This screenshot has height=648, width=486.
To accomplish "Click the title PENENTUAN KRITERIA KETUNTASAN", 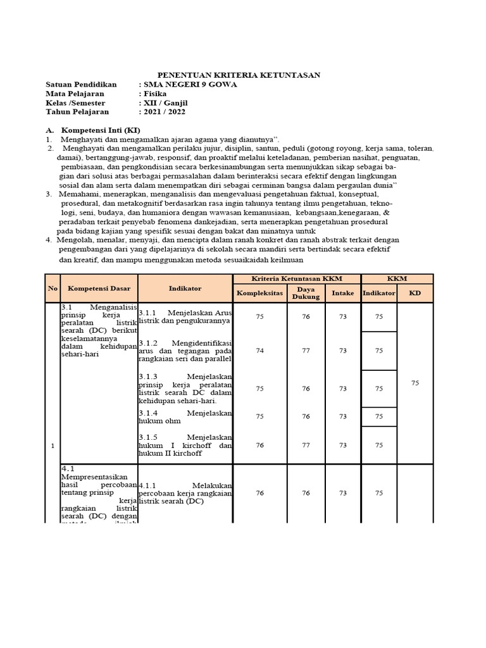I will click(239, 75).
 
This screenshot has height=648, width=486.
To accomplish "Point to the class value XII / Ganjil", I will click(166, 103).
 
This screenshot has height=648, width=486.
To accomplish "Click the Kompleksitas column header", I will click(260, 293).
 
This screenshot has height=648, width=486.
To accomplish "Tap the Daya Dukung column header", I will click(306, 293).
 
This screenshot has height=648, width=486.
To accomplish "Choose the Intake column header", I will click(343, 293).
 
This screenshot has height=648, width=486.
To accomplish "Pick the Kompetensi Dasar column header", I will click(99, 289).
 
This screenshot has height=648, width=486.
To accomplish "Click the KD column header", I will click(415, 293).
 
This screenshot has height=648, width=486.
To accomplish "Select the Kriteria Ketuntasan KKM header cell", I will click(297, 278).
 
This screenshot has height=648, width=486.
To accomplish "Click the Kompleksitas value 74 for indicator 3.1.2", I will click(260, 351).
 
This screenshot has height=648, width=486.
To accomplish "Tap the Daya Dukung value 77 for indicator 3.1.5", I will click(306, 445).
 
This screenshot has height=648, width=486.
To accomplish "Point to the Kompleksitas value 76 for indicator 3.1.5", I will click(260, 445).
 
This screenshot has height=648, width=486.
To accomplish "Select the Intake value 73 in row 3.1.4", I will click(343, 416).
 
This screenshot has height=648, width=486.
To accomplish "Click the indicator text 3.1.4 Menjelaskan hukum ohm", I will click(185, 416).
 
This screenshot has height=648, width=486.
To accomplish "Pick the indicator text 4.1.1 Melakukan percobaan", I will click(185, 493).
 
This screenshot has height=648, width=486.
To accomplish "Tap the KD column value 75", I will click(415, 383).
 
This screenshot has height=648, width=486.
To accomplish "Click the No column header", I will click(52, 289).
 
